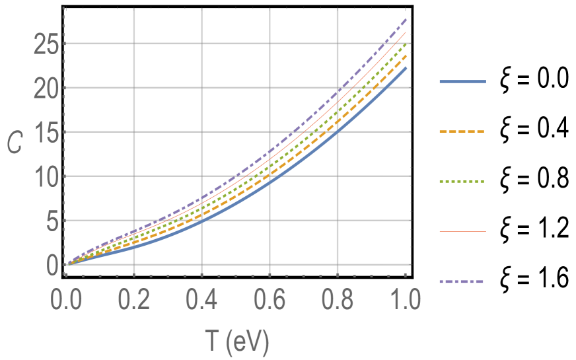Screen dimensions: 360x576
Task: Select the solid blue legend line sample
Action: (462, 82)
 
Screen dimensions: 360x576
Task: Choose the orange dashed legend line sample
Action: (462, 132)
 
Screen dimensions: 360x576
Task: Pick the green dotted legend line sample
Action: (462, 182)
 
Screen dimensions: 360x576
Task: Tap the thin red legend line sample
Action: (462, 232)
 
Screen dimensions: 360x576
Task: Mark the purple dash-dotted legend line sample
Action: (462, 282)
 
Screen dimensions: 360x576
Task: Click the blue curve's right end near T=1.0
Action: (405, 68)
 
